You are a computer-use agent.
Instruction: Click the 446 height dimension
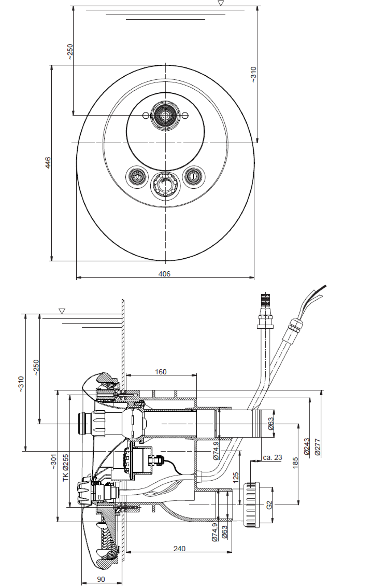[x=48, y=163]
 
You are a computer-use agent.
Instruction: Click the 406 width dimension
[x=164, y=274]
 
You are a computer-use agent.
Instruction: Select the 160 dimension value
[x=161, y=371]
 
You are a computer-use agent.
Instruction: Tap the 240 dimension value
[x=179, y=548]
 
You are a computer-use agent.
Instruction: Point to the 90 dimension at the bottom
[x=101, y=579]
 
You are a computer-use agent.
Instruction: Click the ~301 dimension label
[x=53, y=461]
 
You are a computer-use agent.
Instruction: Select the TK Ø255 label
[x=66, y=467]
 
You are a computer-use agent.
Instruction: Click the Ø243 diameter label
[x=307, y=446]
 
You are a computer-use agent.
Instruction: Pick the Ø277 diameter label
[x=317, y=447]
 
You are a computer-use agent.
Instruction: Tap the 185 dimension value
[x=296, y=463]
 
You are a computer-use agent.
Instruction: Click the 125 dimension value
[x=235, y=478]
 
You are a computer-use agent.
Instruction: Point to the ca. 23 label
[x=272, y=457]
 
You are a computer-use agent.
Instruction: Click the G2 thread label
[x=270, y=505]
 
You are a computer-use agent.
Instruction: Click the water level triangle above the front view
[x=221, y=3]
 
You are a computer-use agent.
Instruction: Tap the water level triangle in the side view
[x=62, y=311]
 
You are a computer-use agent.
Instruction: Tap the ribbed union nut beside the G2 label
[x=251, y=505]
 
